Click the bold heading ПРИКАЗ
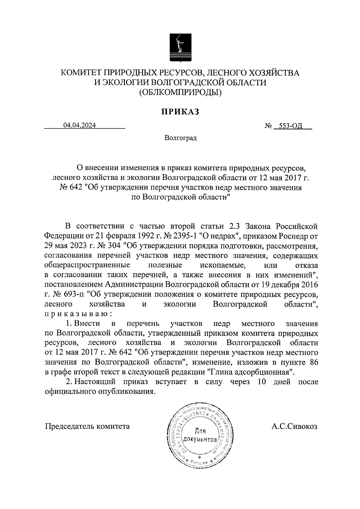tap(180, 112)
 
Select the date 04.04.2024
tap(79, 126)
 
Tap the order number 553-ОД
tap(290, 126)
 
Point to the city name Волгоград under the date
tap(180, 138)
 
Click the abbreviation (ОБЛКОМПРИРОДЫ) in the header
tap(180, 93)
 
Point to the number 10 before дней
tap(258, 382)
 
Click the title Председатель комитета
tap(87, 426)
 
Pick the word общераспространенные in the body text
tap(87, 265)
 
